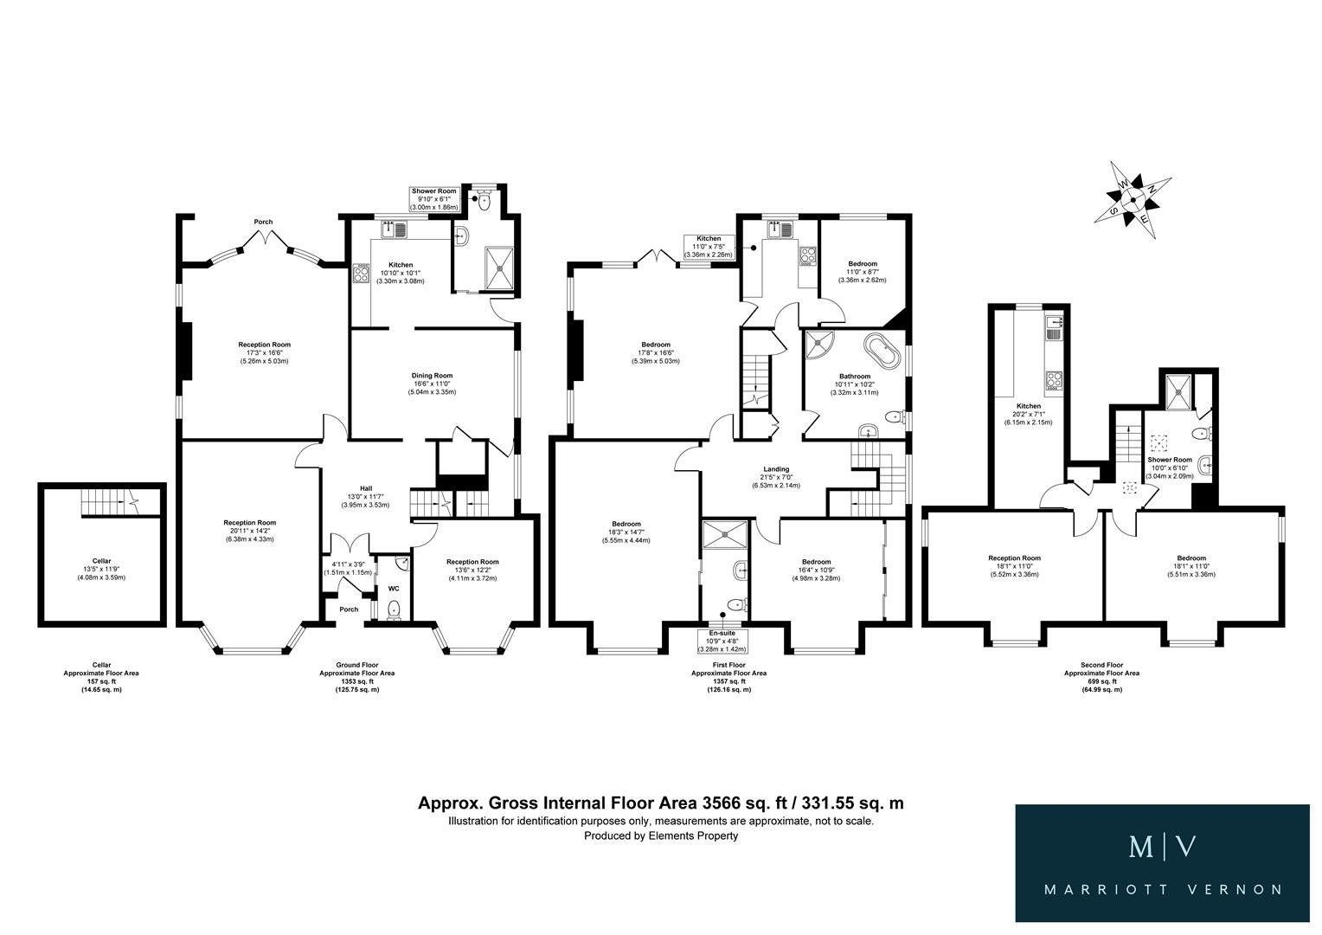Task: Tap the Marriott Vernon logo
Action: coord(1162,863)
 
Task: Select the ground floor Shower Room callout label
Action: coord(433,197)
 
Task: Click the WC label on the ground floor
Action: coord(394,589)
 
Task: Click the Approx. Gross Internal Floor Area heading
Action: coord(660,803)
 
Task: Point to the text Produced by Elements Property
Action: coord(660,835)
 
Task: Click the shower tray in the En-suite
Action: coord(725,536)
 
